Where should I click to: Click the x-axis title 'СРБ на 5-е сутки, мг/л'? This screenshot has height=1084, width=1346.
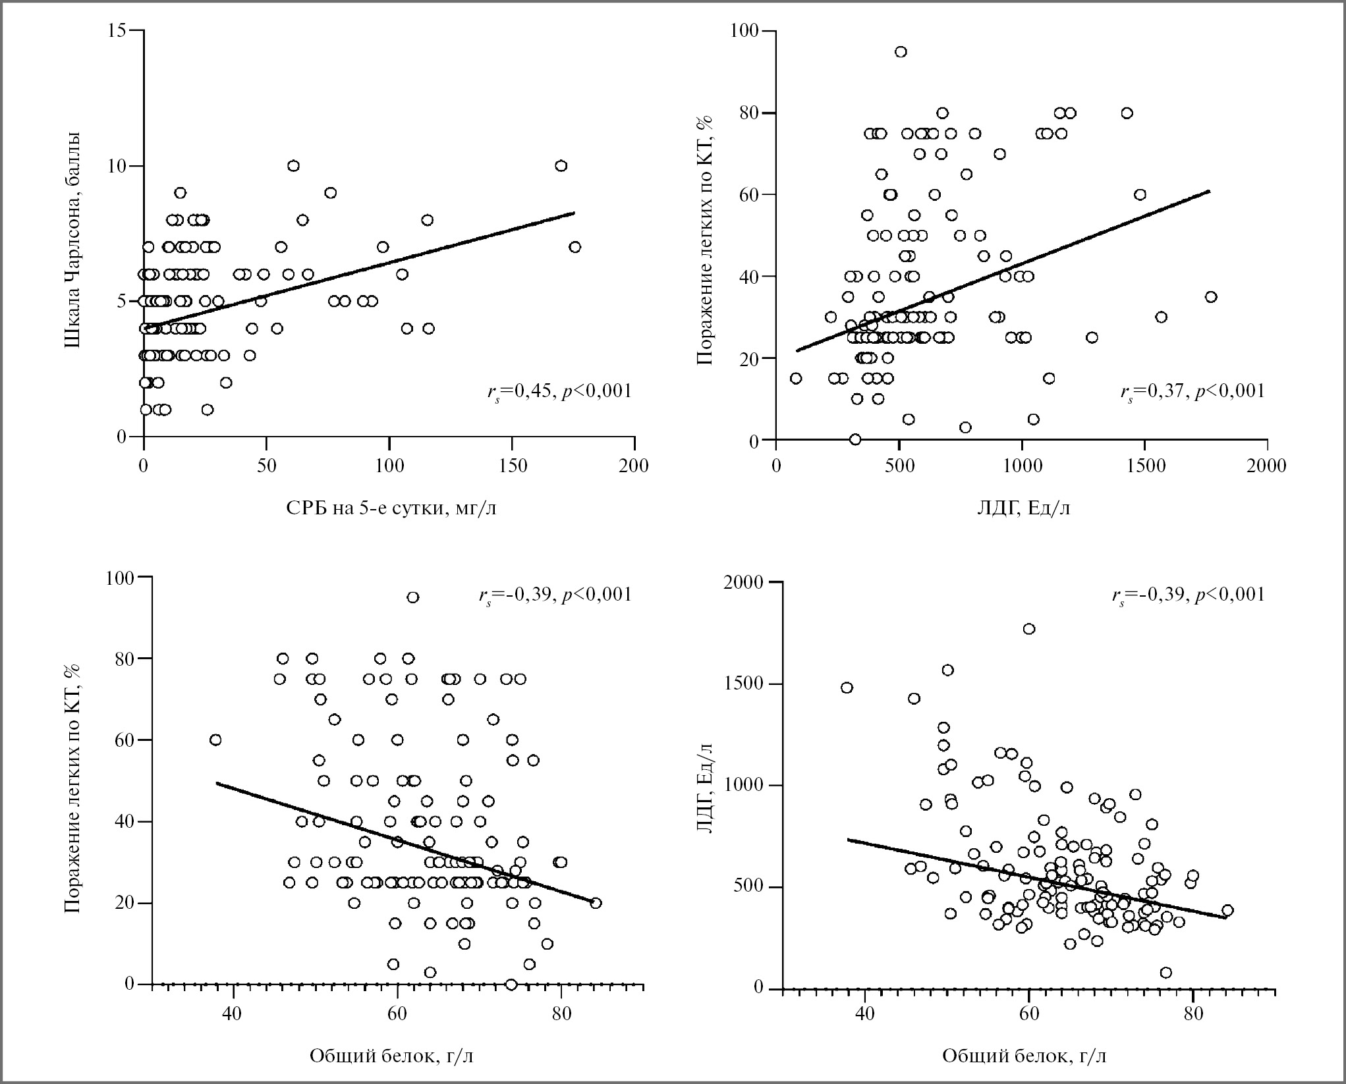click(x=391, y=508)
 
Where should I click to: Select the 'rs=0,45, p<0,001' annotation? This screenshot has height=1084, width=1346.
click(x=559, y=391)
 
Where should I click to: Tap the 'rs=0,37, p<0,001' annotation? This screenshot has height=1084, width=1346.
click(x=1192, y=391)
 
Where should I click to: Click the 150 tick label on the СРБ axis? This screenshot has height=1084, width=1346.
click(x=513, y=466)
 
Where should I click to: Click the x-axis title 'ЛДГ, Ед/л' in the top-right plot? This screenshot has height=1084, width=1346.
click(x=1023, y=508)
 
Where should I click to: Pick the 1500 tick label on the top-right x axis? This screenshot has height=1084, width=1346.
click(x=1144, y=466)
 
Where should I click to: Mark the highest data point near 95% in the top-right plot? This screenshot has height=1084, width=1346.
click(x=901, y=52)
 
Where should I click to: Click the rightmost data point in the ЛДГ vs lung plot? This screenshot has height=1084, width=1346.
click(x=1211, y=297)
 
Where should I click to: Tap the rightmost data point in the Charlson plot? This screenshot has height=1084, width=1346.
click(x=575, y=247)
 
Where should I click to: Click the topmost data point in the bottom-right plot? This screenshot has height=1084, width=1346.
click(x=1029, y=629)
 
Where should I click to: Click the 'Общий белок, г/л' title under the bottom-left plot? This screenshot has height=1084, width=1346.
click(x=391, y=1056)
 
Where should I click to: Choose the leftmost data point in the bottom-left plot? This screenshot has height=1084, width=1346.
click(x=215, y=740)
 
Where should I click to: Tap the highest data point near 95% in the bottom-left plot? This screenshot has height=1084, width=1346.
click(x=413, y=597)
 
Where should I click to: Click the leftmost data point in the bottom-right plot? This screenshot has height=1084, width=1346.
click(x=847, y=688)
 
